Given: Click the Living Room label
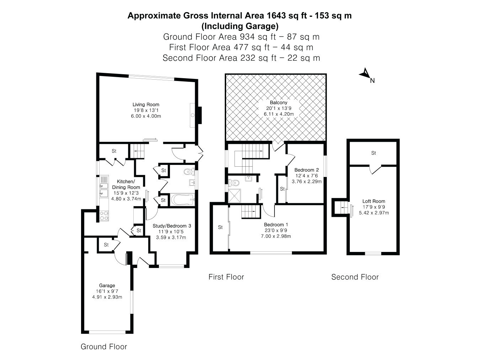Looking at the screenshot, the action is (146, 104).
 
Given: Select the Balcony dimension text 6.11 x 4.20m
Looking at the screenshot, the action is (279, 114).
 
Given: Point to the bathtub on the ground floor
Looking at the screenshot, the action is (183, 200).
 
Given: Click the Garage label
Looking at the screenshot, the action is (107, 285).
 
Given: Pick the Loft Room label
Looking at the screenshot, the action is (374, 201).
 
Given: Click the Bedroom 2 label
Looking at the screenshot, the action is (306, 170).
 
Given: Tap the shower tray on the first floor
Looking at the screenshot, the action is (234, 195).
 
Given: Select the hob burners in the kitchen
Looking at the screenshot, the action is (104, 215).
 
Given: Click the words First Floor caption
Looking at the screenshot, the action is (226, 277).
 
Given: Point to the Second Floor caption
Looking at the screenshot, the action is (355, 277).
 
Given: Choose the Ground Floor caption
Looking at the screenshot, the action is (104, 346).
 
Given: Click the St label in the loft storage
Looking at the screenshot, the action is (373, 153).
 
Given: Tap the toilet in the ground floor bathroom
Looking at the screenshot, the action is (190, 172).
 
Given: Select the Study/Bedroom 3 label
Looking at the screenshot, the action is (172, 226).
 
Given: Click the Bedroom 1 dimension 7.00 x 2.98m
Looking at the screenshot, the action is (276, 236).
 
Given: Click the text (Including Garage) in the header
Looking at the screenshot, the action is (240, 26).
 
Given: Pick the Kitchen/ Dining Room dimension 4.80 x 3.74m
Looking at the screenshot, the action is (126, 199).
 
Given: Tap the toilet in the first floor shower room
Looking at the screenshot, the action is (234, 182).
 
